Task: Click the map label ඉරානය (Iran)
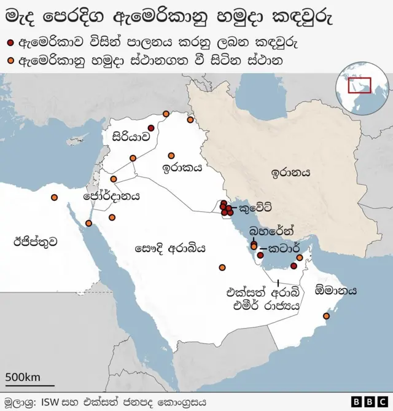290,173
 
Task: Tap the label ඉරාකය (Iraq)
182,167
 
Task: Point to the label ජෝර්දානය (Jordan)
111,197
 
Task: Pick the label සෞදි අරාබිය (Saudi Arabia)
169,248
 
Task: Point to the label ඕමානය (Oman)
335,291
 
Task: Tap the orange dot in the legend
10,61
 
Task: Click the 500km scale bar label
23,376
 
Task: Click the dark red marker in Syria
151,128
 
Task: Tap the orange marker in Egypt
55,197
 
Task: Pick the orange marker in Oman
326,316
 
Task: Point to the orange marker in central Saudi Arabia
222,267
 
